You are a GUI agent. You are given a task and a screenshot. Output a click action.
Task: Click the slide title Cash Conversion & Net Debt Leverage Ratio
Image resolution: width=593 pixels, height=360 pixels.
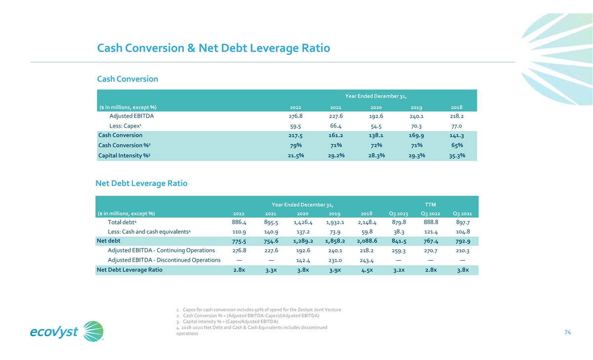pyautogui.click(x=213, y=48)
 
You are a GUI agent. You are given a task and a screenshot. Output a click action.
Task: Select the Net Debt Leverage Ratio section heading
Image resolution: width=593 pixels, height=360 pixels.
pyautogui.click(x=141, y=183)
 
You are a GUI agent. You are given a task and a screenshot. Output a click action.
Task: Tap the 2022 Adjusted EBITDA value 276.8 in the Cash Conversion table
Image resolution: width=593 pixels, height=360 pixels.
pyautogui.click(x=295, y=117)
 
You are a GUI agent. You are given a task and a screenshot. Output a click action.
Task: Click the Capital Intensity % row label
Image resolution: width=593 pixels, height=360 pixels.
pyautogui.click(x=124, y=156)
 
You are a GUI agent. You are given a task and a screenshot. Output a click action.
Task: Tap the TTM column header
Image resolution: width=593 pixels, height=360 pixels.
pyautogui.click(x=431, y=204)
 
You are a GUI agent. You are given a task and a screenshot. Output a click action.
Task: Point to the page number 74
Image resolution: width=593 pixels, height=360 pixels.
pyautogui.click(x=567, y=333)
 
